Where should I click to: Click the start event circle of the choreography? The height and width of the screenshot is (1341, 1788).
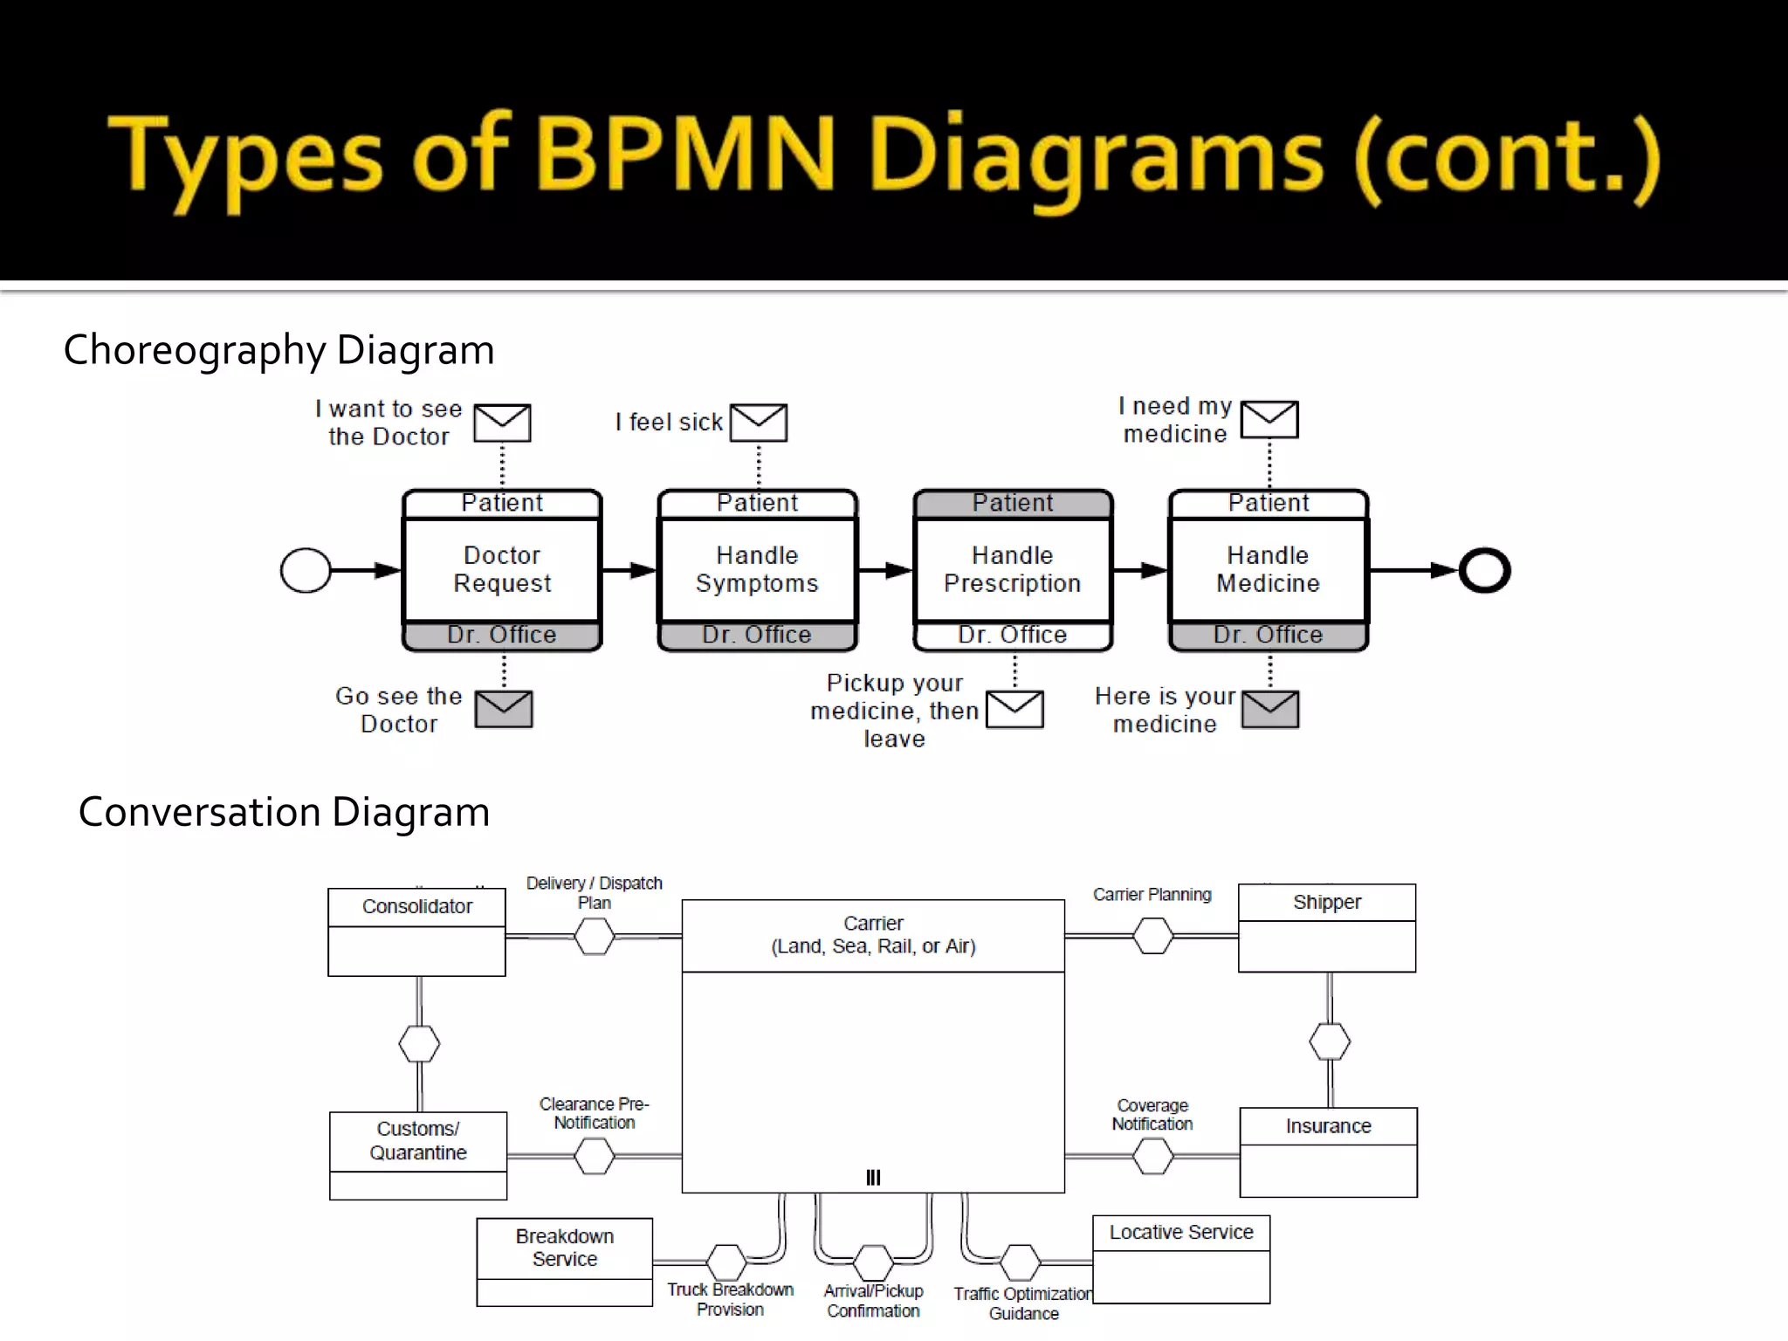click(x=306, y=571)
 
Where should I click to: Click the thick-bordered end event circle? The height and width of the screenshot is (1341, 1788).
click(x=1484, y=571)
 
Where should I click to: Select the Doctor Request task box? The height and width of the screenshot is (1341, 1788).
click(x=502, y=569)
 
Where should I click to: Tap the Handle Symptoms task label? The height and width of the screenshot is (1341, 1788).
click(x=757, y=569)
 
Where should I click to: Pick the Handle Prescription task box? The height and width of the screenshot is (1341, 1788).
click(x=1013, y=569)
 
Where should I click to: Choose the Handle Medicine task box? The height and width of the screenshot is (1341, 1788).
click(x=1269, y=569)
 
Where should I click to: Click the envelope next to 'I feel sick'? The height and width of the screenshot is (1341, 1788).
click(x=758, y=423)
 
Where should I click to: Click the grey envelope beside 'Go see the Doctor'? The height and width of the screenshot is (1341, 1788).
click(x=504, y=709)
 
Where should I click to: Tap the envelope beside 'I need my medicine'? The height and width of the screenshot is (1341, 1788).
click(x=1269, y=420)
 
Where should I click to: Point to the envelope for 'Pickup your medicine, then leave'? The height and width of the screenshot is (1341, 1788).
click(x=1014, y=709)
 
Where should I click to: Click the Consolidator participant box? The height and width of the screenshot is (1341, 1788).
click(x=416, y=932)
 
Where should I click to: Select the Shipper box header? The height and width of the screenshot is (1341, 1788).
click(x=1327, y=902)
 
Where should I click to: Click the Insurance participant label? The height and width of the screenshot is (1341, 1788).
click(x=1328, y=1126)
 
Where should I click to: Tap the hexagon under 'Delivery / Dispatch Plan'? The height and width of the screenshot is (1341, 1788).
click(x=595, y=937)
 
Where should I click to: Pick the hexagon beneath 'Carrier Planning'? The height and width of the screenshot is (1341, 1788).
click(x=1153, y=936)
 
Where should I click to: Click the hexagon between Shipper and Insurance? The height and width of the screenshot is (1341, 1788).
click(x=1330, y=1042)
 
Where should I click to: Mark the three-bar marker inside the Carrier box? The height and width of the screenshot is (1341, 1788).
click(x=873, y=1178)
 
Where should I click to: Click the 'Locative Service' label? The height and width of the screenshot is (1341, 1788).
click(x=1181, y=1232)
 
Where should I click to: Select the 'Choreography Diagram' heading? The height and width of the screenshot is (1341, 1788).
click(x=279, y=350)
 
